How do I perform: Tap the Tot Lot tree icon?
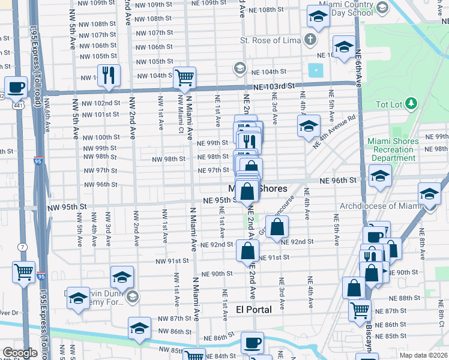tap(411, 104)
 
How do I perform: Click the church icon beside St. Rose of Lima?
tap(310, 40)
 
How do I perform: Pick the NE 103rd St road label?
tap(274, 86)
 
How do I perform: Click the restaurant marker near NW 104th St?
tap(109, 75)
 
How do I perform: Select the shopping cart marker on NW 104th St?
tap(184, 77)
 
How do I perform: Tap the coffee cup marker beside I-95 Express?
tap(16, 87)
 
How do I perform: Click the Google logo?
tap(20, 353)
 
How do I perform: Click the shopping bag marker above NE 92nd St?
tap(277, 227)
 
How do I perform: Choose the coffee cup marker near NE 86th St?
tap(253, 343)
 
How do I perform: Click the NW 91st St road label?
tap(174, 261)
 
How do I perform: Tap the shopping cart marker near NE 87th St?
tap(360, 310)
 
